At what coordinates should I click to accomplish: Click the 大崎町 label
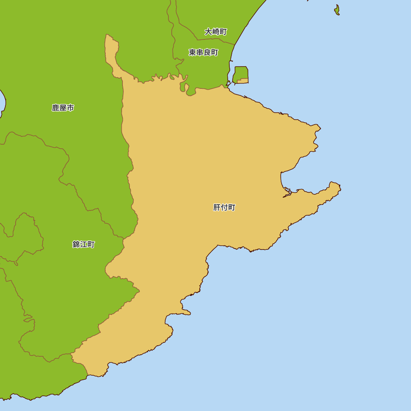(x=216, y=32)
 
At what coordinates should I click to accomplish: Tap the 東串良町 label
(x=203, y=53)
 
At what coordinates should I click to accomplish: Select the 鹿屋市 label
(x=63, y=108)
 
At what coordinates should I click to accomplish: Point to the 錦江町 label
(x=83, y=245)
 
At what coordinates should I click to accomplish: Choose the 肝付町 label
(x=224, y=208)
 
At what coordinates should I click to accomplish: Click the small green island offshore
(x=337, y=10)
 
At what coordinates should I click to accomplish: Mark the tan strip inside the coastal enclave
(x=243, y=81)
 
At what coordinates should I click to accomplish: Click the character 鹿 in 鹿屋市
(x=55, y=108)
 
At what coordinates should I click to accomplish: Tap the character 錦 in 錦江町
(x=76, y=245)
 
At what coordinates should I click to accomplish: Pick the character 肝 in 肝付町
(x=217, y=208)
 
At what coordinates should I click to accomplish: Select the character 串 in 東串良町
(x=200, y=53)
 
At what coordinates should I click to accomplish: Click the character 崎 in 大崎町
(x=216, y=32)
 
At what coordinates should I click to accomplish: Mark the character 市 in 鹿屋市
(x=70, y=108)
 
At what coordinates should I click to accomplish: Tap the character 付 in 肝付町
(x=224, y=208)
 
